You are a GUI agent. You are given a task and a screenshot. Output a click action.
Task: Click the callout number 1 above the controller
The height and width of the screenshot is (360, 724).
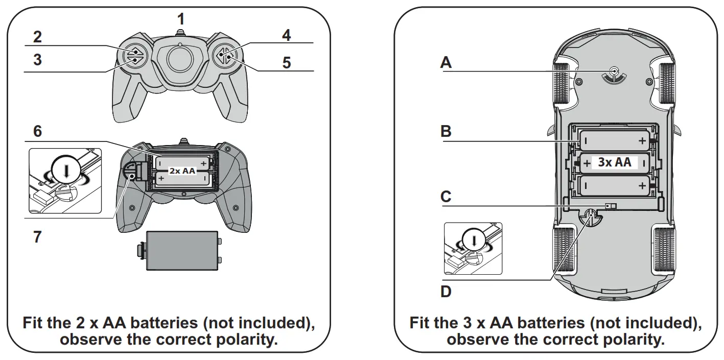click(x=180, y=19)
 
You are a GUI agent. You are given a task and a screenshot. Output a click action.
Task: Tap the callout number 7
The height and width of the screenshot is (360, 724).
click(x=37, y=237)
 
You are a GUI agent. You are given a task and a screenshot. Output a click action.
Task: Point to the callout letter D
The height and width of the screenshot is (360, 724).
click(x=446, y=292)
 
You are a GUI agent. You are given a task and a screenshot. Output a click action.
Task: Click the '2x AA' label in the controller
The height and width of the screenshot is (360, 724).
click(x=182, y=171)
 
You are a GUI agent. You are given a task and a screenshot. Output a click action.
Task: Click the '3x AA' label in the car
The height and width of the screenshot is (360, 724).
click(x=614, y=163)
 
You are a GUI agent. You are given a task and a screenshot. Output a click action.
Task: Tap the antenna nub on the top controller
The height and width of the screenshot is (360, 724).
click(x=179, y=33)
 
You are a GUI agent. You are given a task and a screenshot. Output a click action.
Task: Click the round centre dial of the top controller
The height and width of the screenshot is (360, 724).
click(x=180, y=56)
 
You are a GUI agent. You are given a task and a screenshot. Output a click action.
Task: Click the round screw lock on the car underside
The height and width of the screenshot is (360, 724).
click(x=591, y=218)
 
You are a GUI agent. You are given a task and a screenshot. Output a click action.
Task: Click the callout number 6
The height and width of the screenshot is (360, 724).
click(x=37, y=131)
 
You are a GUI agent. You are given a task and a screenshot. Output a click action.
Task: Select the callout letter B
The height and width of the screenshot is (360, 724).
click(x=446, y=131)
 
